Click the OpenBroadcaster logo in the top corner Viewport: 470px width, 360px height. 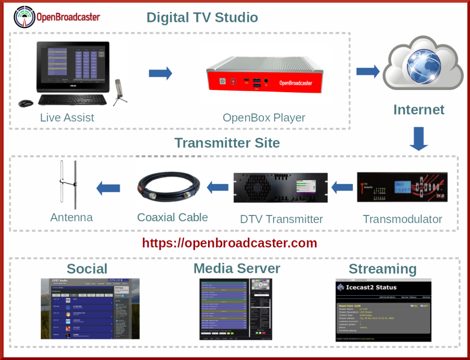[56, 17]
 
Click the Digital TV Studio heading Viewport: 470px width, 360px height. [202, 18]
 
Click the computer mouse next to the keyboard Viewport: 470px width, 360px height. [25, 103]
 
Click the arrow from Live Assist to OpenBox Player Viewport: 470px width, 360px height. [160, 73]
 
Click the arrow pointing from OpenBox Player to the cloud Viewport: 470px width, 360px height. [367, 71]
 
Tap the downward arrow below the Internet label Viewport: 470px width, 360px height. [418, 139]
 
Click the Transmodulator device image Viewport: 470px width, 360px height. [402, 186]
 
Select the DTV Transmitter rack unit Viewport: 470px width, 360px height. [280, 188]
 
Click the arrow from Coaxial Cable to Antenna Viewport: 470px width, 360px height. [108, 187]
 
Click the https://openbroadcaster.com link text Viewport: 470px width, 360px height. [229, 242]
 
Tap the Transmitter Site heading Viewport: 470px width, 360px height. [227, 143]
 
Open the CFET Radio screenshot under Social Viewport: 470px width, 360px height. [90, 309]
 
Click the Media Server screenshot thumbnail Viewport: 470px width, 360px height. [235, 309]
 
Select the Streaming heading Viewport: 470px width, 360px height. [382, 269]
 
